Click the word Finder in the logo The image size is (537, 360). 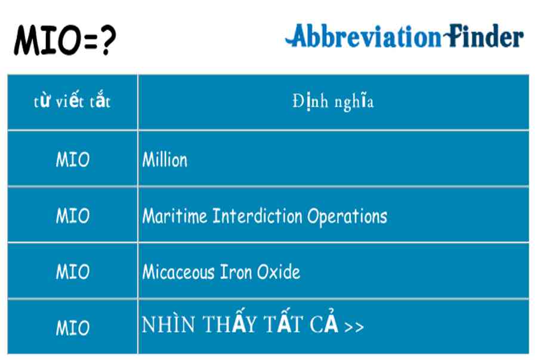coord(483,36)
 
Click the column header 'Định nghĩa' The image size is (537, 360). coord(333,101)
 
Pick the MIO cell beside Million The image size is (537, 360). coord(73,159)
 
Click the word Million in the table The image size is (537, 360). coord(165,159)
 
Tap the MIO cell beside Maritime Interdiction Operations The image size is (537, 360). coord(73,216)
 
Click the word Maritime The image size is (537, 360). coord(175,216)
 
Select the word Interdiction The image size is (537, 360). coord(257,216)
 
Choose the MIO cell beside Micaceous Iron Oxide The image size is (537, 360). coord(73,272)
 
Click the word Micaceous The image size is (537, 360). coord(178,272)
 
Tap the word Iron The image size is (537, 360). coord(236,272)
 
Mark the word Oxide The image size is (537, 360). coord(279,272)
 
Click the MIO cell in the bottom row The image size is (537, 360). coord(73,328)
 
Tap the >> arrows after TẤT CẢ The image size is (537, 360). coord(354,327)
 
